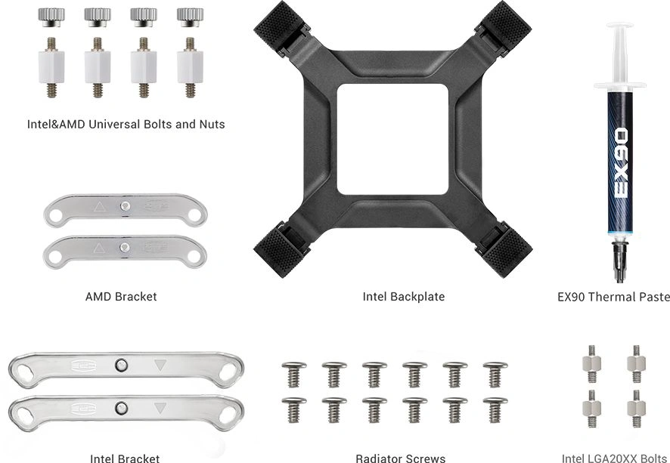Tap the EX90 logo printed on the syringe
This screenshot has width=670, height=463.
coord(621,163)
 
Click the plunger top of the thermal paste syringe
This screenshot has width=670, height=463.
coord(619,26)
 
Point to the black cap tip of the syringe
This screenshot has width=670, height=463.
coord(620,261)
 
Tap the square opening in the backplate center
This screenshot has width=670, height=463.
coord(392,139)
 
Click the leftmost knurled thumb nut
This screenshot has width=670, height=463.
coord(51,17)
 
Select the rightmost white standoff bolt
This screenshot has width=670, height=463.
coord(190,67)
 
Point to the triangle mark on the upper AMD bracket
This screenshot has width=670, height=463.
coord(100,207)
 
